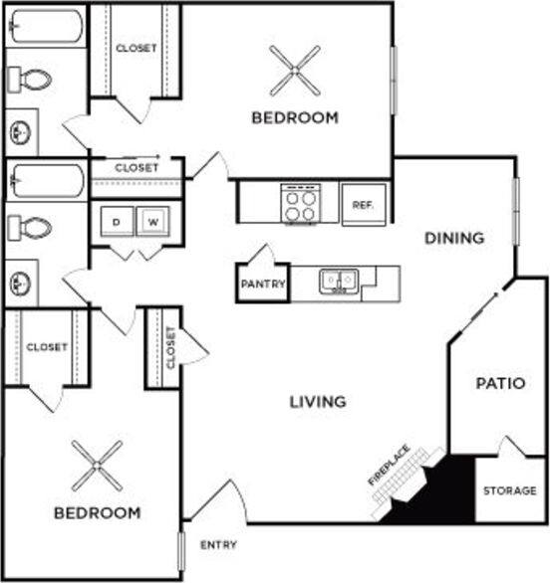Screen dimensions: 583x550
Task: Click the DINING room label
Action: tap(454, 238)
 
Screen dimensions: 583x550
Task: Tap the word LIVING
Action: tap(318, 402)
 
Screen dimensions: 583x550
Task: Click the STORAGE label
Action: tap(510, 490)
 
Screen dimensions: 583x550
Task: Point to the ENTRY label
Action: tap(218, 545)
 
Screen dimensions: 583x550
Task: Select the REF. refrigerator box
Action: tap(363, 206)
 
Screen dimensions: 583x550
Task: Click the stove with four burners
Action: tap(300, 205)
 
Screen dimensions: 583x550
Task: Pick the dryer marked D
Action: tap(117, 221)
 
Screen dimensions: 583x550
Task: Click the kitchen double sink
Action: tap(339, 282)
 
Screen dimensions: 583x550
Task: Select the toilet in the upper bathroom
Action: tap(33, 79)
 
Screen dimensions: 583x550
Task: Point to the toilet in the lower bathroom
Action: tap(33, 228)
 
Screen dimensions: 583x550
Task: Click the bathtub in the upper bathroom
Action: tap(45, 27)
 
